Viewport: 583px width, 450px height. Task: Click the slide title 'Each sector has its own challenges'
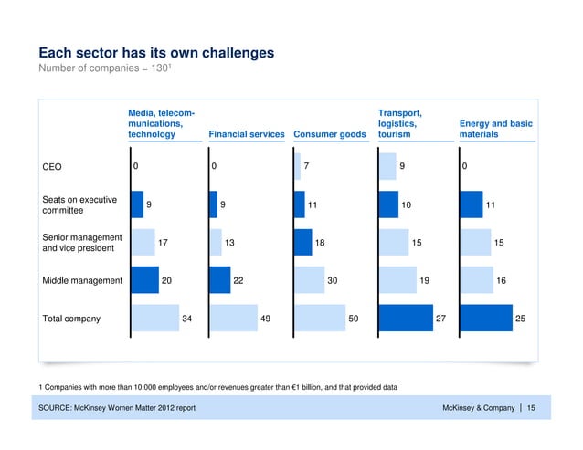pos(155,52)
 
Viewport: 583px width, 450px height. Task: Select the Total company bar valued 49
pos(234,319)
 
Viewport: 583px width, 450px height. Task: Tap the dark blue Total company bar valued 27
pos(405,319)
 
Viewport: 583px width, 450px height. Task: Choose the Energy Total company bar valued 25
pos(486,319)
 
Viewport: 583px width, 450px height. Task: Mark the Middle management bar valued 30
pos(309,280)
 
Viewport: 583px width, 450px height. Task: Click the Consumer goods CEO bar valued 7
pos(297,167)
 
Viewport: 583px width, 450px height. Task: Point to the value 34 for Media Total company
pos(187,319)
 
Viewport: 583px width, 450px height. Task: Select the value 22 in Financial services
pos(238,281)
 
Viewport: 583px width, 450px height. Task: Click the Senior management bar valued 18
pos(302,242)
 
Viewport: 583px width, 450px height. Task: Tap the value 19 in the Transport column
pos(425,281)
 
